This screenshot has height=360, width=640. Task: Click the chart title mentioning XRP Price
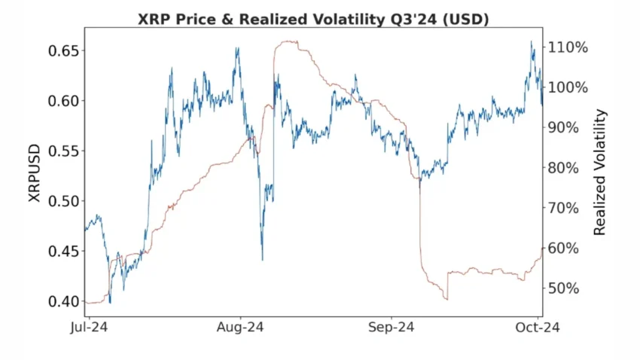[x=313, y=19]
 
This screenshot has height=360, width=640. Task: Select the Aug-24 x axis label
[x=239, y=328]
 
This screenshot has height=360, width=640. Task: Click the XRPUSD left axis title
[x=34, y=175]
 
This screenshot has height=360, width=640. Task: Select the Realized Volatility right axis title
[x=600, y=172]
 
